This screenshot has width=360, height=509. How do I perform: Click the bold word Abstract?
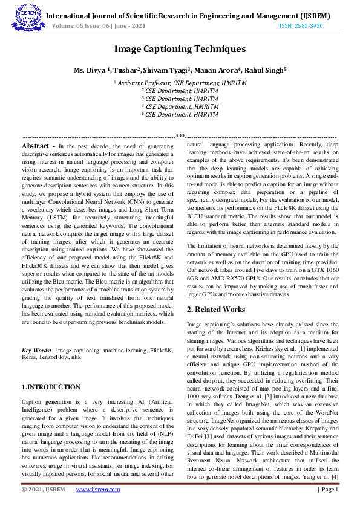point(38,146)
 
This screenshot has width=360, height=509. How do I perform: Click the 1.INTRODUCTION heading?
point(51,387)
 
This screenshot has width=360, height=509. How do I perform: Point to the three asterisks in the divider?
point(180,137)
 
